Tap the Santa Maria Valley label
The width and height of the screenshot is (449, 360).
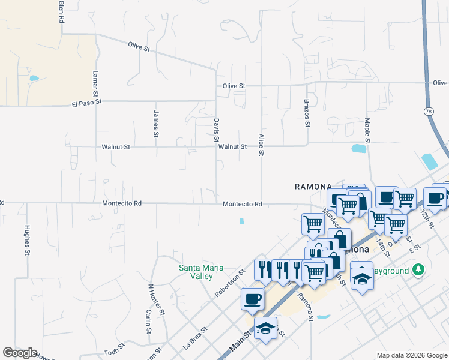[x=196, y=272]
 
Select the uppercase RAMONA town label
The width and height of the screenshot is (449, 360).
[x=310, y=187]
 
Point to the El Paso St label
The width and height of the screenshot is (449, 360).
[x=86, y=103]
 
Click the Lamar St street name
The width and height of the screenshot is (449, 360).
[x=95, y=83]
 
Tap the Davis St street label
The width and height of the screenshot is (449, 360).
[x=216, y=130]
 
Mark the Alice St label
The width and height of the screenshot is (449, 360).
[x=261, y=145]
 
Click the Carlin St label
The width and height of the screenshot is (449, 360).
[x=148, y=322]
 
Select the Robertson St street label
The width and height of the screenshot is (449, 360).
[x=231, y=283]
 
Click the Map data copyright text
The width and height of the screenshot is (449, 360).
[x=411, y=355]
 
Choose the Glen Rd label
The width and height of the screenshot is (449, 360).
[x=61, y=11]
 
